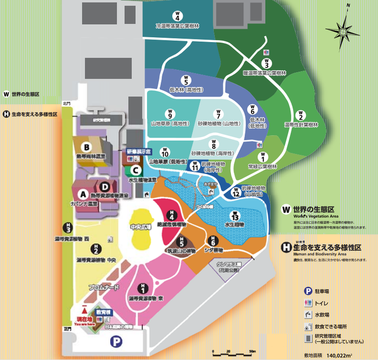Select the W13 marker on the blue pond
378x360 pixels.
pos(235,216)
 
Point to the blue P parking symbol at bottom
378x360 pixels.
pos(114,342)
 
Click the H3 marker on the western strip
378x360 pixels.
pos(68,227)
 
